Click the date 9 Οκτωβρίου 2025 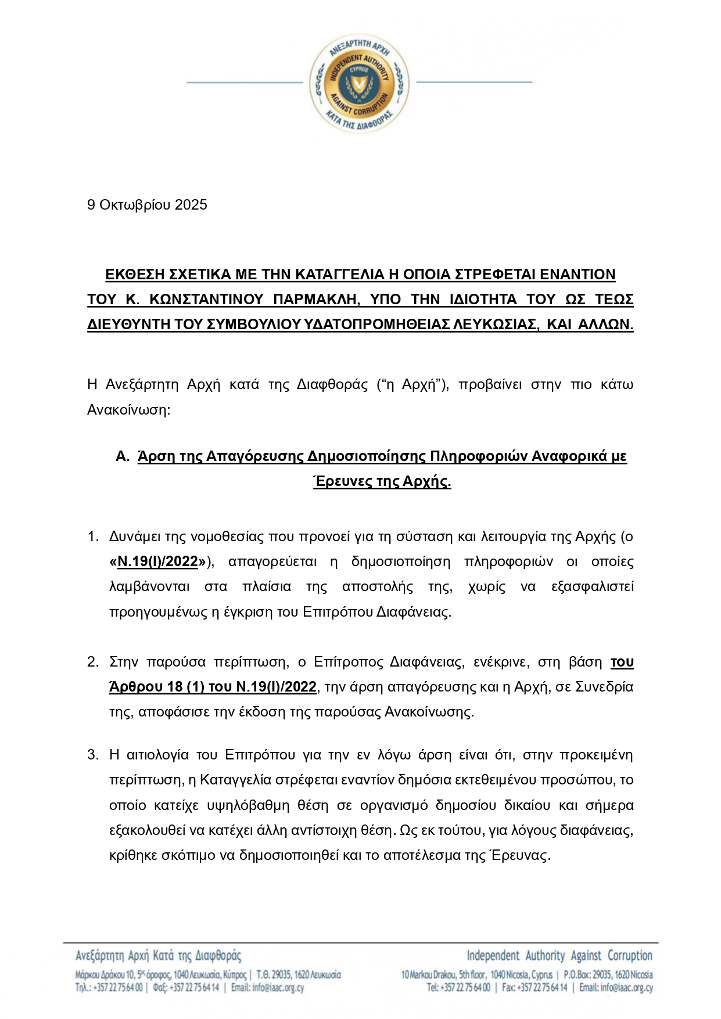(147, 205)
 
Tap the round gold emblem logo (359, 82)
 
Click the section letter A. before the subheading (122, 456)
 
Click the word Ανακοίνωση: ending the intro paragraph (128, 409)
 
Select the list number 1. (93, 536)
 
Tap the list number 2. (93, 662)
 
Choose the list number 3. (93, 755)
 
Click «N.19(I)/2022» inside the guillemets (158, 561)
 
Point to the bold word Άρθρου (136, 687)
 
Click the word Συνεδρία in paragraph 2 (604, 687)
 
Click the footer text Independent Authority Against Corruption (559, 955)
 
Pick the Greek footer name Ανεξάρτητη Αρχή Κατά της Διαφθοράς (158, 955)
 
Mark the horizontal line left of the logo (245, 82)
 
